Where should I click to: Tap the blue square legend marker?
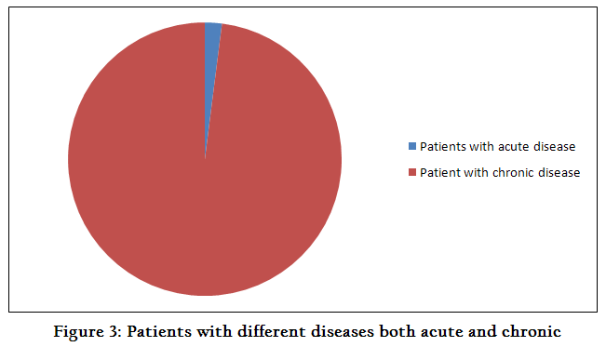(412, 146)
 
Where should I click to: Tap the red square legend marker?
(412, 172)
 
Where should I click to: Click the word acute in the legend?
(513, 147)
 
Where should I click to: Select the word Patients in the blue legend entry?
(443, 147)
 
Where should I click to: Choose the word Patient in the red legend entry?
(440, 172)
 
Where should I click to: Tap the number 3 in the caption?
(115, 332)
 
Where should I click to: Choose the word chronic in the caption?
(532, 331)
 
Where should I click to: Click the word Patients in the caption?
(159, 331)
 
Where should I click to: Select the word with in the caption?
(214, 331)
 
